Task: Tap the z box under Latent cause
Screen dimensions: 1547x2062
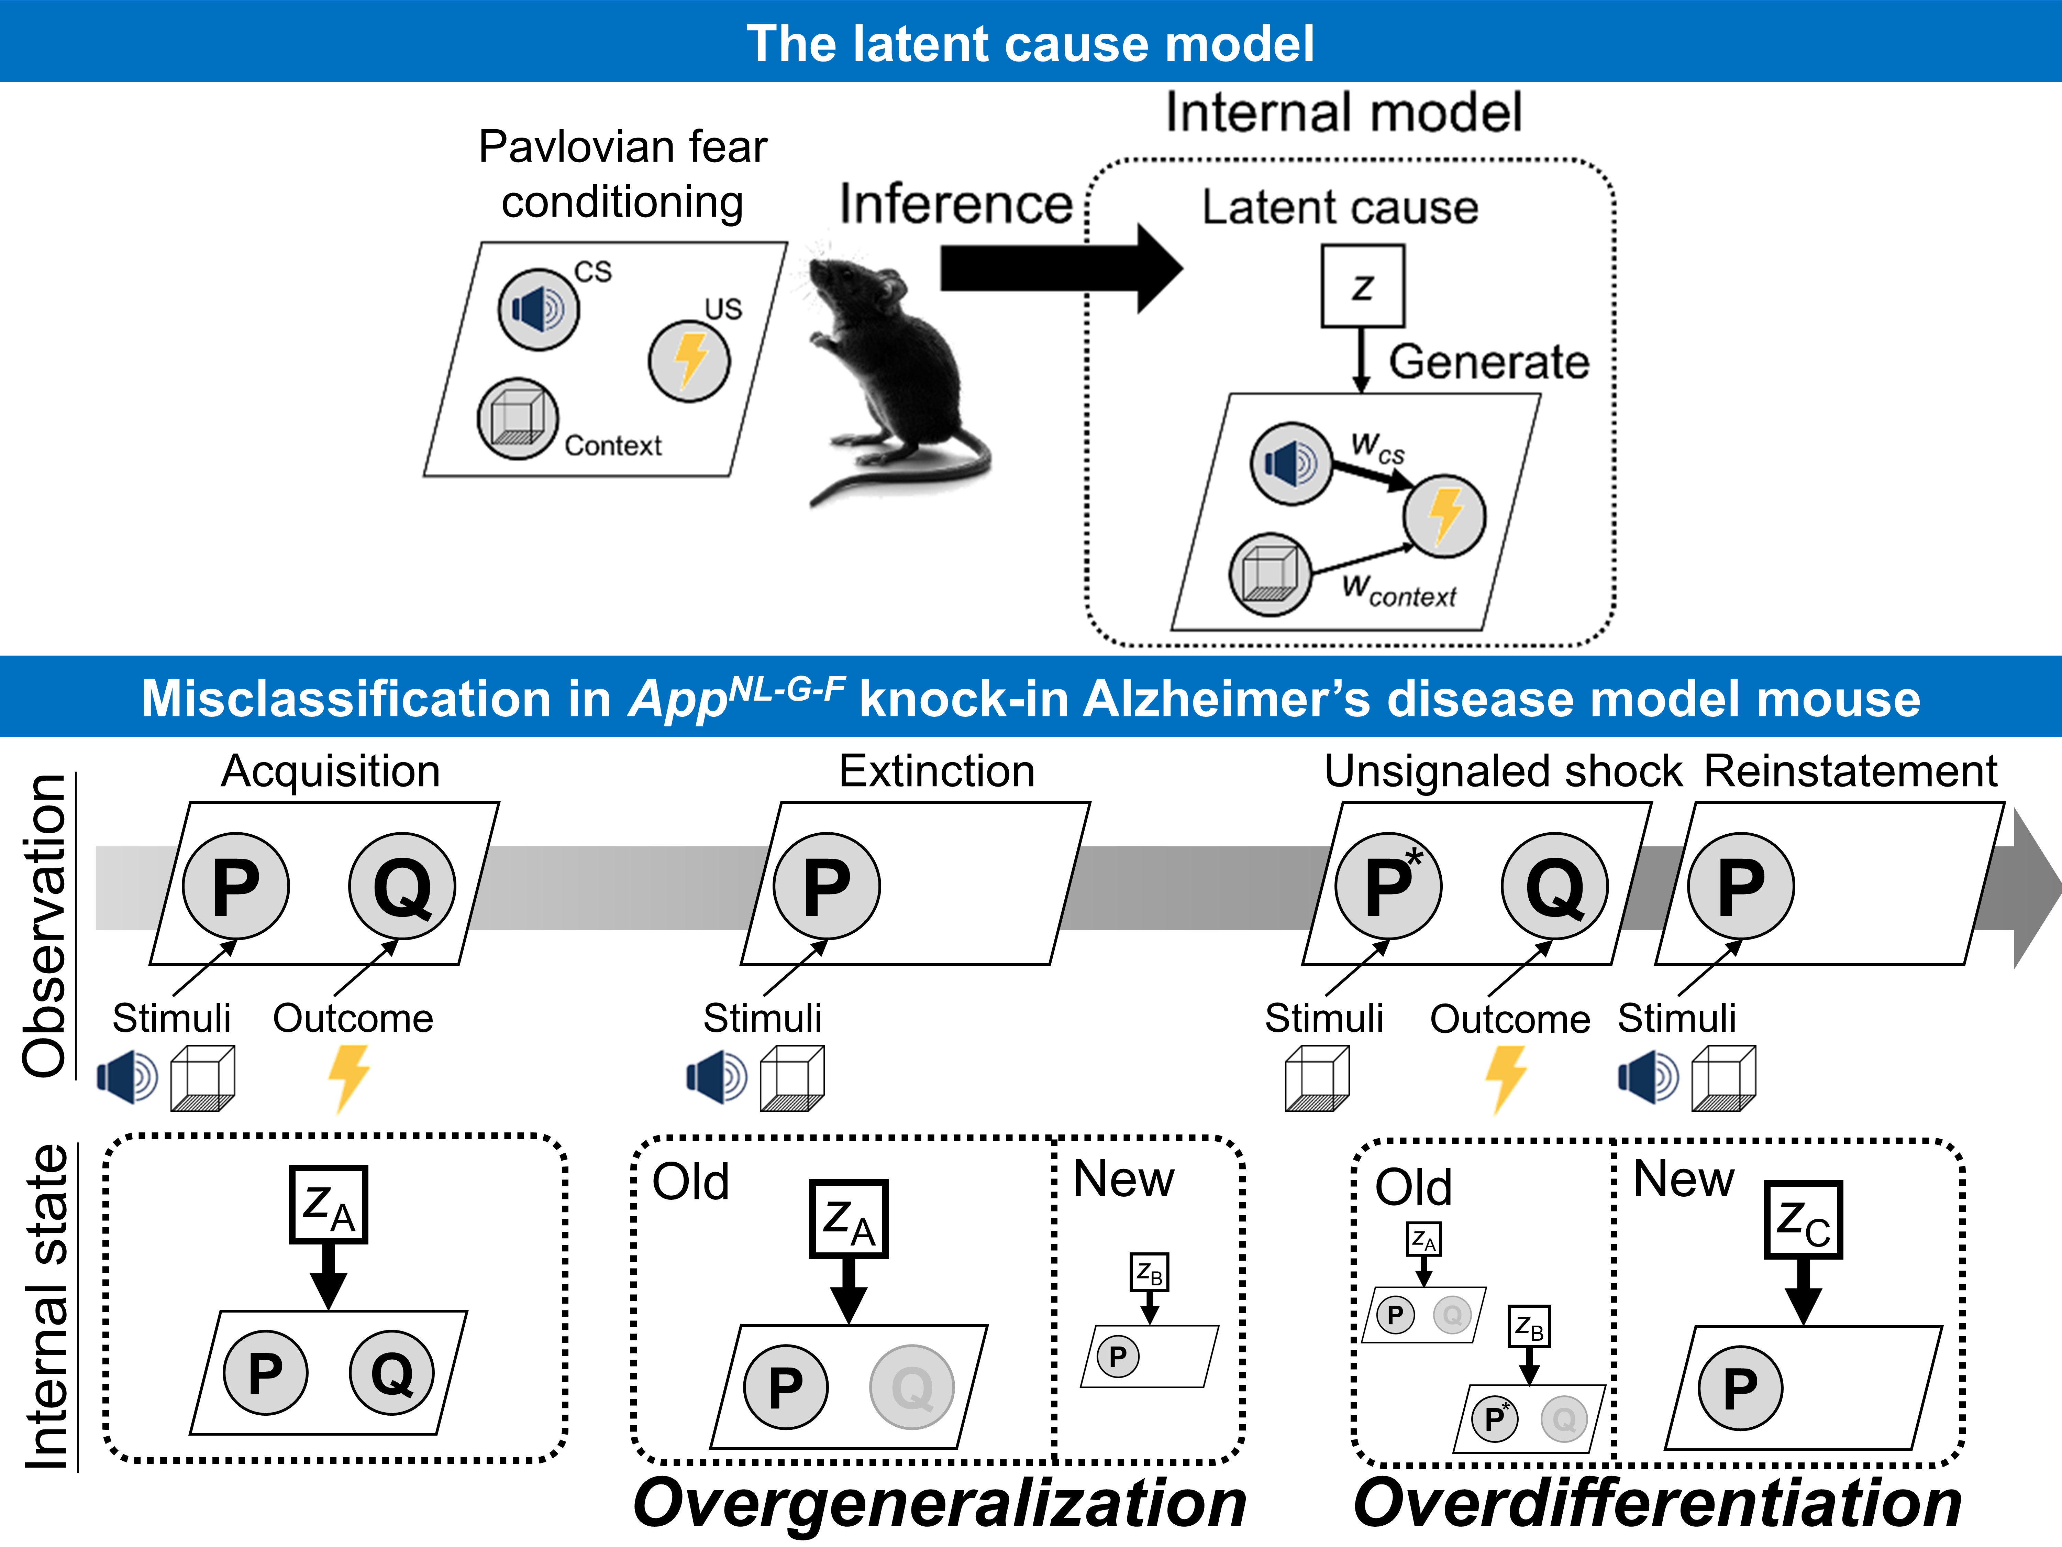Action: pyautogui.click(x=1362, y=286)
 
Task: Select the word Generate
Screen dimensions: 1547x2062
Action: pyautogui.click(x=1489, y=362)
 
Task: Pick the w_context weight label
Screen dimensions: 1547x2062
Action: pyautogui.click(x=1398, y=590)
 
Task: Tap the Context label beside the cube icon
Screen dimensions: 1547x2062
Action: pyautogui.click(x=612, y=446)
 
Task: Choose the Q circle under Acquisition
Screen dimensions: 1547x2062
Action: pyautogui.click(x=402, y=886)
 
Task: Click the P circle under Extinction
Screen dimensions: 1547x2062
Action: pyautogui.click(x=826, y=886)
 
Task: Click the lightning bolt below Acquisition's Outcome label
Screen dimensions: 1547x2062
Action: pyautogui.click(x=348, y=1077)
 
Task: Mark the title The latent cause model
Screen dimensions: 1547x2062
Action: pyautogui.click(x=1030, y=43)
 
